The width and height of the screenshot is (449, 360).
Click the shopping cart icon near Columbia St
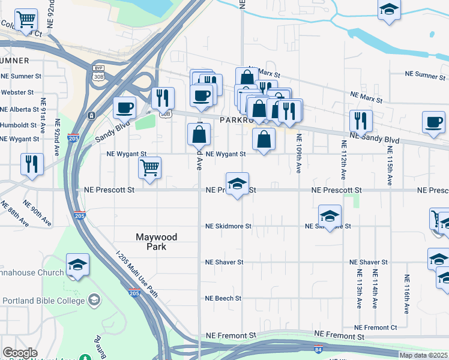click(x=26, y=20)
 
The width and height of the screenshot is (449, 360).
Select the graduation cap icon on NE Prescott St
click(x=238, y=184)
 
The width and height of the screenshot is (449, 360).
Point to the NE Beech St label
click(x=223, y=298)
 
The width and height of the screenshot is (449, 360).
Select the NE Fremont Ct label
click(x=376, y=328)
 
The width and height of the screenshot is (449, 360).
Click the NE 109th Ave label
click(x=298, y=154)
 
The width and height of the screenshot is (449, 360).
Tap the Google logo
click(x=20, y=353)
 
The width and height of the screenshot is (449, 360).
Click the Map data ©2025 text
click(x=423, y=355)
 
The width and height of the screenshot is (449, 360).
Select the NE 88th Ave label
click(x=14, y=214)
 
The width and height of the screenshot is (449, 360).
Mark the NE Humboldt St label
click(x=19, y=125)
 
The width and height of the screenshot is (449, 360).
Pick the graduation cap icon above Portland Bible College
click(x=77, y=265)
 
